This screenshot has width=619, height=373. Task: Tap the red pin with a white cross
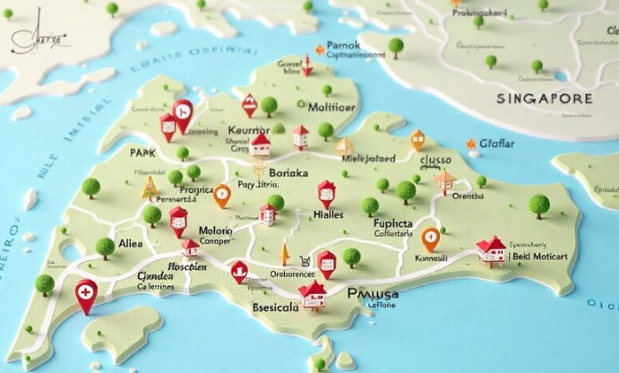click(x=86, y=294)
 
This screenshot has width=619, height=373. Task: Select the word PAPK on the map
click(x=144, y=152)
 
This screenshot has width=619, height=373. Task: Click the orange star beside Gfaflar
click(x=471, y=143)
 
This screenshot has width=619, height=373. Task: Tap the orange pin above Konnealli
click(x=430, y=239)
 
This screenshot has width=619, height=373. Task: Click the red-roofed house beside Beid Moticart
click(x=490, y=249)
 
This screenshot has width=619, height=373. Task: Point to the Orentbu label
click(x=467, y=195)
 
